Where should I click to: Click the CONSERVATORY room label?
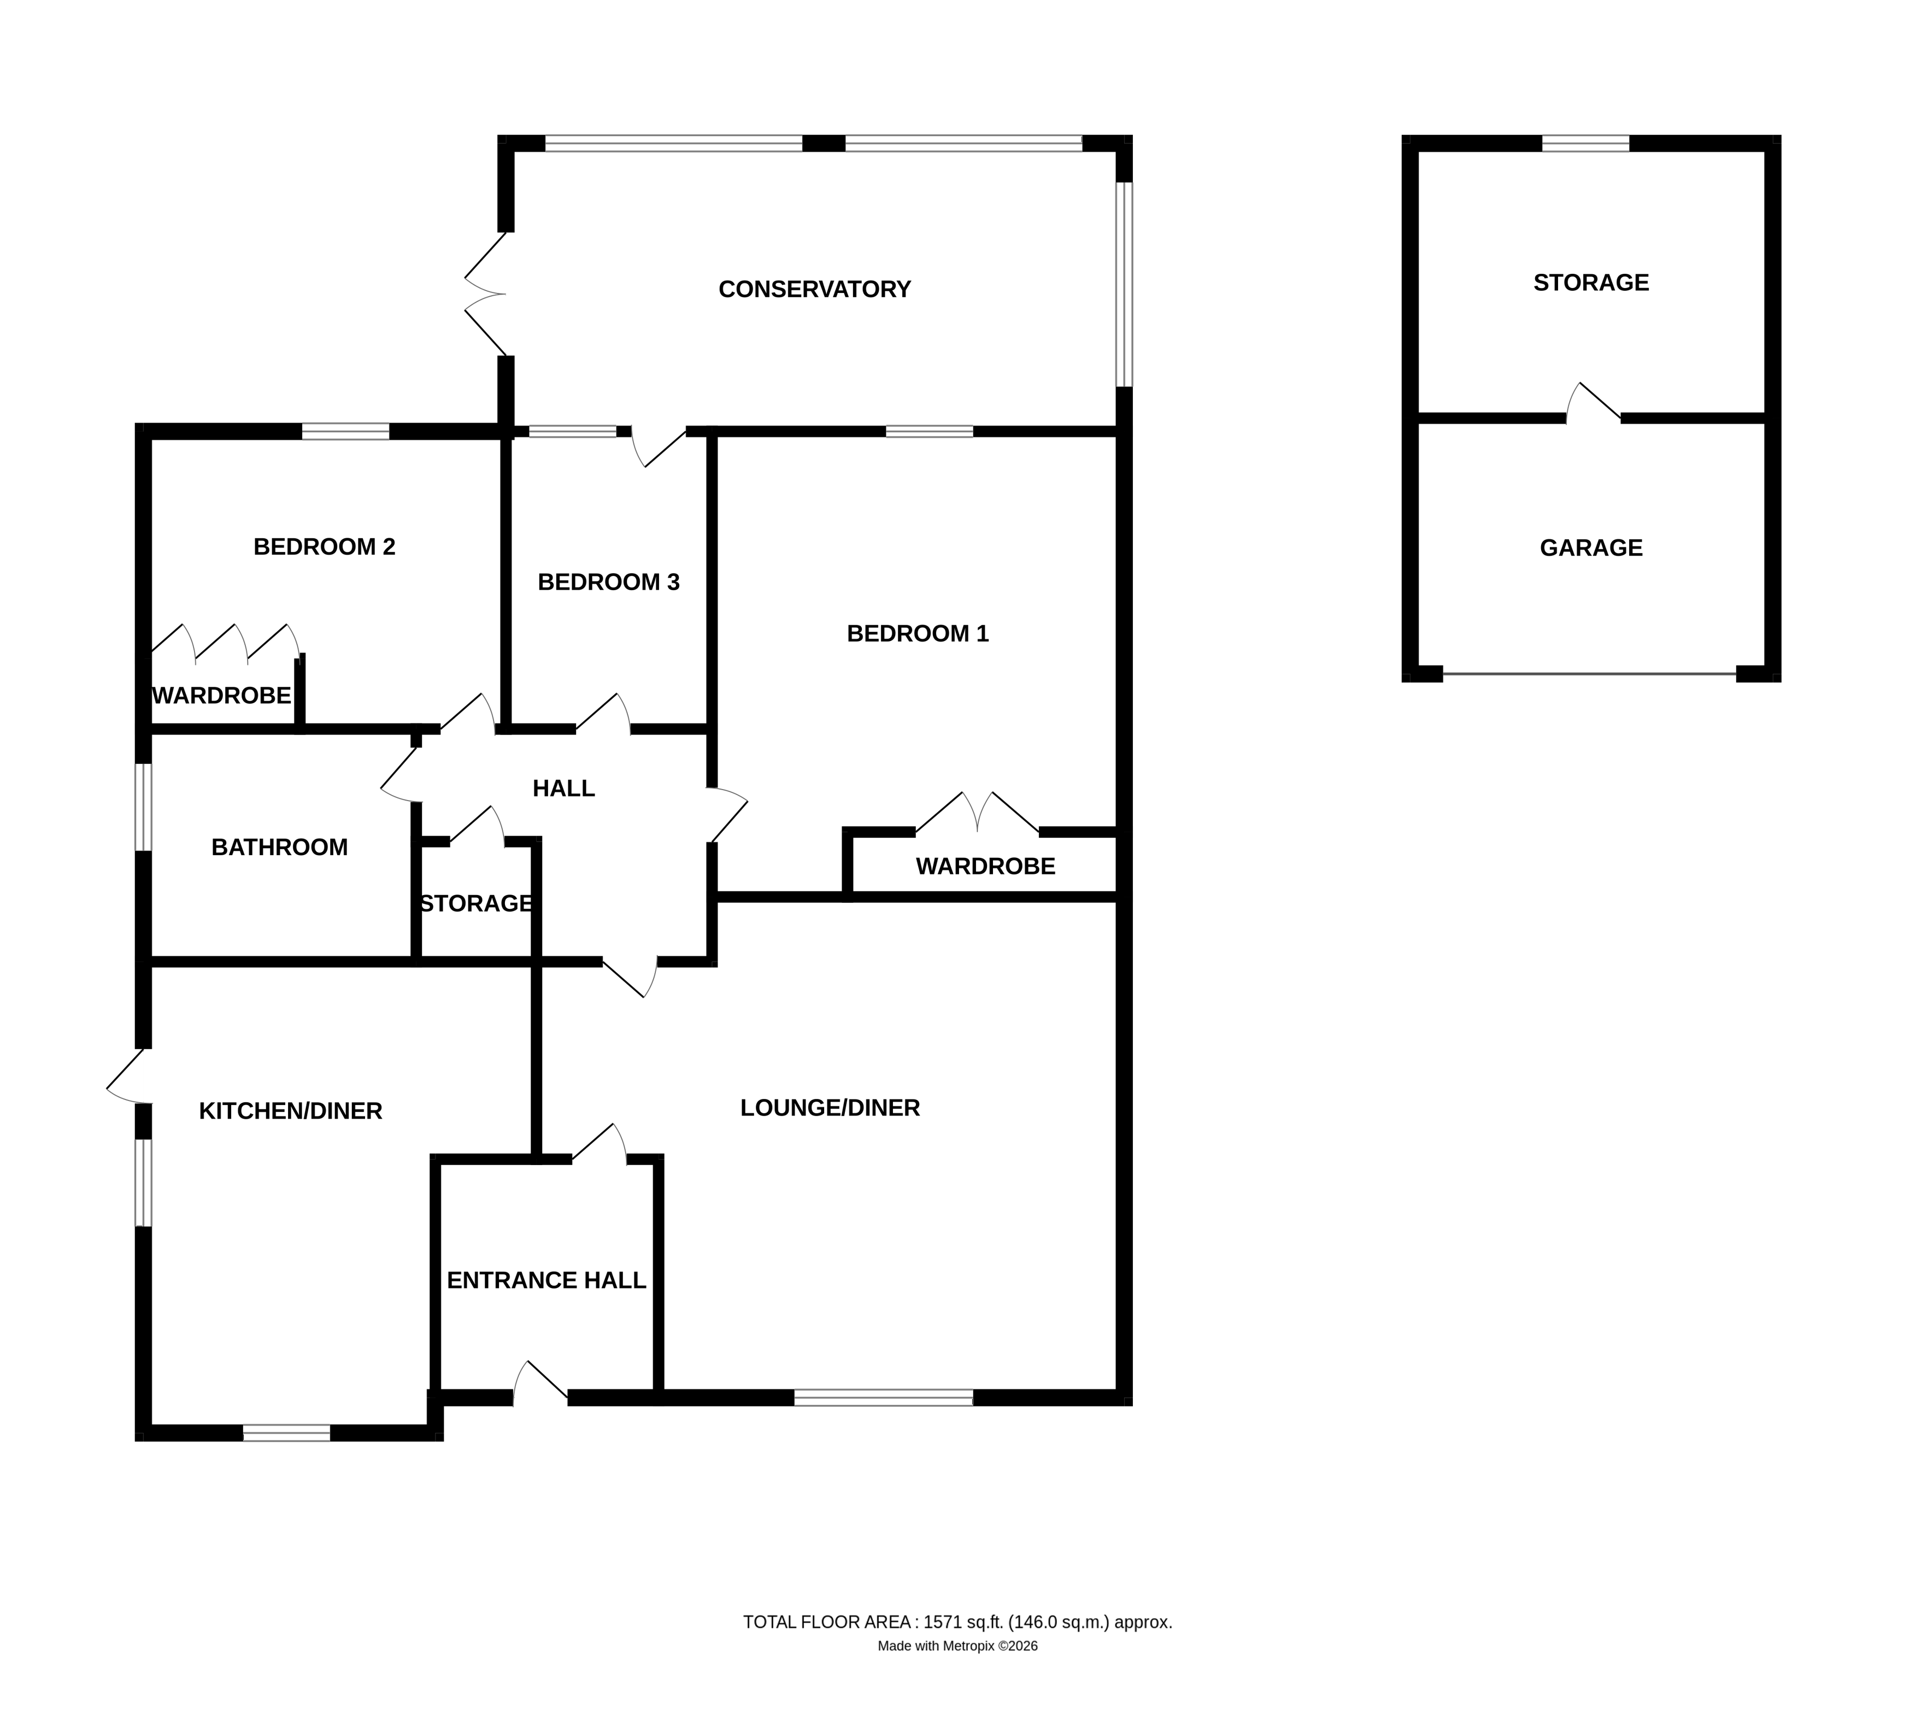coord(814,289)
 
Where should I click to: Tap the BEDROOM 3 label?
coord(608,581)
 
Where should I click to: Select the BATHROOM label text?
coord(279,846)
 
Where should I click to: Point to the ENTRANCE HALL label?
coord(546,1280)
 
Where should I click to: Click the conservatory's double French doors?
coord(484,293)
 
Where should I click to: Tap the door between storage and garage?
coord(1593,404)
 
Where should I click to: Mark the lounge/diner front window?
coord(883,1397)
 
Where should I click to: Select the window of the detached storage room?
coord(1584,144)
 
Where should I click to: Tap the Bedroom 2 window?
coord(346,431)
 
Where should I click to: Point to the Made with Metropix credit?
coord(956,1645)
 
